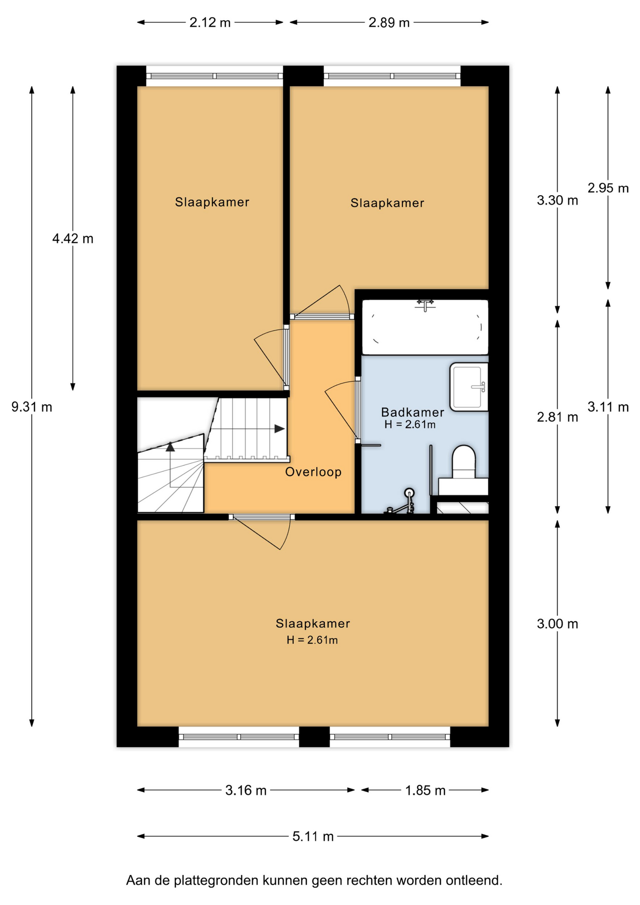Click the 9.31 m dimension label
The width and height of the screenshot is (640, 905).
click(32, 407)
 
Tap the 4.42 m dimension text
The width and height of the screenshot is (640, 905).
click(73, 239)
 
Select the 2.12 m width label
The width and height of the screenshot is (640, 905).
click(210, 23)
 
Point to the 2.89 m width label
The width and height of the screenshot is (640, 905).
click(389, 23)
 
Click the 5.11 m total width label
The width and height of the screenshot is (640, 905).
click(313, 836)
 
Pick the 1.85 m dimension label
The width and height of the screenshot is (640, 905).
click(425, 790)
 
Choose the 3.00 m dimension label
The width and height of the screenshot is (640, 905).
click(557, 624)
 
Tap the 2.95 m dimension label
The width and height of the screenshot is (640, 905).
click(608, 188)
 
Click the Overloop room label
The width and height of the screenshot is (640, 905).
click(313, 472)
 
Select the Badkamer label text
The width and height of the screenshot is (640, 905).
click(412, 412)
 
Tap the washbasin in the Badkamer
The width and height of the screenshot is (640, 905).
click(468, 387)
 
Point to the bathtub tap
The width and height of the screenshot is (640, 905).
click(425, 304)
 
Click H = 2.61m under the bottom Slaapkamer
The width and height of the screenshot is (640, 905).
click(312, 640)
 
